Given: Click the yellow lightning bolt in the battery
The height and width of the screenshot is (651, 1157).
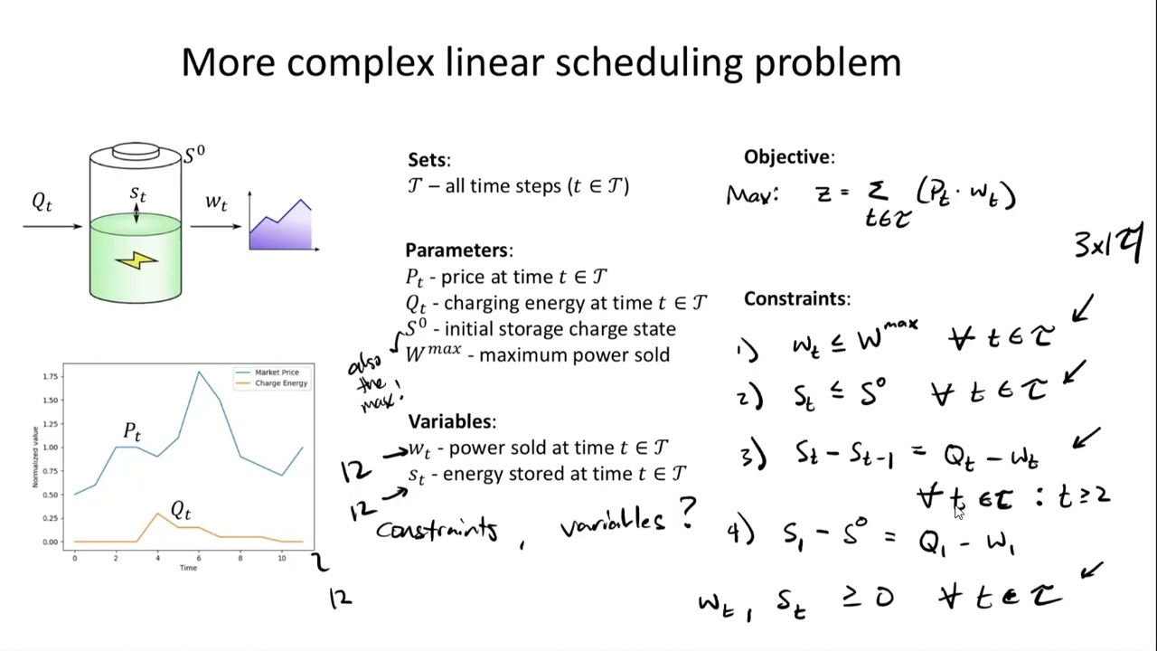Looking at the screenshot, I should click(x=136, y=260).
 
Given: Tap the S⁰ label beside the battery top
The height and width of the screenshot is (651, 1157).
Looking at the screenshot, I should click(x=194, y=155).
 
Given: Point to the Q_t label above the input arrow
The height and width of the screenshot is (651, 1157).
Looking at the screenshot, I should click(x=42, y=202).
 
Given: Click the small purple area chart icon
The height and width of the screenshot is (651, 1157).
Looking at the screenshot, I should click(x=281, y=224).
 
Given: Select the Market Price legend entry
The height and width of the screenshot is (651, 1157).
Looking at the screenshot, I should click(x=277, y=373).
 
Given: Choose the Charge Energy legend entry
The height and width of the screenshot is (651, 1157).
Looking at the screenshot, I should click(x=280, y=383).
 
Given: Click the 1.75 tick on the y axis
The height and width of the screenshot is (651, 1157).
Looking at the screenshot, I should click(x=51, y=376).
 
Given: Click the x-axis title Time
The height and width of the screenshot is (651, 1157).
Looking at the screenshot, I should click(x=188, y=568).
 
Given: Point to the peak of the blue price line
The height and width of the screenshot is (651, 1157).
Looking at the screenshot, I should click(x=199, y=371).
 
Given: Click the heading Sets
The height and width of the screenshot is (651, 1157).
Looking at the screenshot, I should click(x=428, y=160).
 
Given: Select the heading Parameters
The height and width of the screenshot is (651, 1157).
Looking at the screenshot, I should click(x=457, y=250).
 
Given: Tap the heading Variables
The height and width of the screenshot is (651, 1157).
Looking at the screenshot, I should click(x=451, y=421).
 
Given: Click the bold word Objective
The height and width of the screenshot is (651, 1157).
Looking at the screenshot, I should click(x=788, y=157).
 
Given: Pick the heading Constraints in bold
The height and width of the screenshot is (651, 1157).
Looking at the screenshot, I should click(x=795, y=298).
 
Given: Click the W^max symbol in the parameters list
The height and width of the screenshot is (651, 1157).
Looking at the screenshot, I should click(x=434, y=354).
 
